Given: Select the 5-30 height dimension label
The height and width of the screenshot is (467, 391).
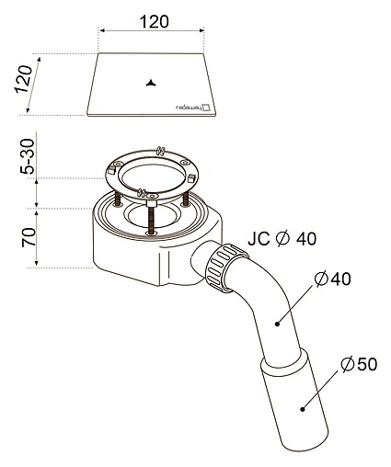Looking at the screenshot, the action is click(28, 156).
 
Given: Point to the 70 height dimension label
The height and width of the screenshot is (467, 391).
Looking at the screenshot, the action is click(29, 237).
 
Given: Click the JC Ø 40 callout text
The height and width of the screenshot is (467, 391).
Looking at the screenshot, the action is click(282, 239).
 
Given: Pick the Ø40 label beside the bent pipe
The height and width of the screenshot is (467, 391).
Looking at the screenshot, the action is click(333, 279).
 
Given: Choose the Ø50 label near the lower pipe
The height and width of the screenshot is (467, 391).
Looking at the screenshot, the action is click(359, 364).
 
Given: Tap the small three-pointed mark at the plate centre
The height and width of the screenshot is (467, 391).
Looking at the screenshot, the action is click(151, 83).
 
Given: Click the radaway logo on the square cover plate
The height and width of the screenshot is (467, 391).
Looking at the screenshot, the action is click(192, 108).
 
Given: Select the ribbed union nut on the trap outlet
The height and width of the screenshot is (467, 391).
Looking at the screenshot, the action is click(226, 268).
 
